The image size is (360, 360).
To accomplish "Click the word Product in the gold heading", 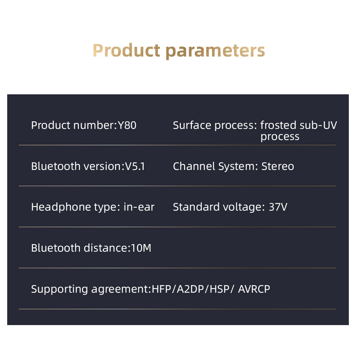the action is click(126, 50).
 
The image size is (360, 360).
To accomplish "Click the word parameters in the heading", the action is click(215, 51).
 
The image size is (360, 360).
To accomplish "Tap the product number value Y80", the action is click(127, 125).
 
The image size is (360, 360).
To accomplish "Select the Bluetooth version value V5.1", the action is click(135, 166).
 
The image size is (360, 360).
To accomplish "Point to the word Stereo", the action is click(278, 166).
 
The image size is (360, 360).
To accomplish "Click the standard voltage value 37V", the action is click(278, 207).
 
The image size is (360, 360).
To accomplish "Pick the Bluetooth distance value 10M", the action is click(141, 248).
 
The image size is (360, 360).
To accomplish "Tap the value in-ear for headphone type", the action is click(139, 207).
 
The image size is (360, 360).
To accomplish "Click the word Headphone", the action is click(61, 207).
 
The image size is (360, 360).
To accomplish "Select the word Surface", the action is click(192, 125).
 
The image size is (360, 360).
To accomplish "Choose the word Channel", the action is click(194, 166).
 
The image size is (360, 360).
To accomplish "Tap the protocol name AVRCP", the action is click(254, 289).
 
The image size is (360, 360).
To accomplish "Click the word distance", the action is click(105, 248).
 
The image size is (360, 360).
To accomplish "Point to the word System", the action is click(237, 167).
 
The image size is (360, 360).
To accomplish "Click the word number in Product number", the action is click(94, 125).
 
